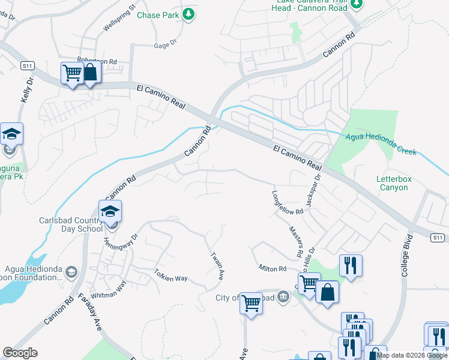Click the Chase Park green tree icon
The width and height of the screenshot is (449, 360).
pyautogui.click(x=188, y=14)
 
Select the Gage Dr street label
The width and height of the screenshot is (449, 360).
pyautogui.click(x=166, y=44)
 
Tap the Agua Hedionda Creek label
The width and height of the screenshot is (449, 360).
pyautogui.click(x=381, y=144)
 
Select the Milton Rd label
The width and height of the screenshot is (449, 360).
pyautogui.click(x=273, y=268)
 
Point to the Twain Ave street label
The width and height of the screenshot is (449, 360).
pyautogui.click(x=217, y=266)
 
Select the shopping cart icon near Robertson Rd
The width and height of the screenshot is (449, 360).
pyautogui.click(x=72, y=73)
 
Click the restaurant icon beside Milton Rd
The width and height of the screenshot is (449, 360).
pyautogui.click(x=351, y=265)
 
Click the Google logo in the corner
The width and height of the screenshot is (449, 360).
pyautogui.click(x=20, y=353)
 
